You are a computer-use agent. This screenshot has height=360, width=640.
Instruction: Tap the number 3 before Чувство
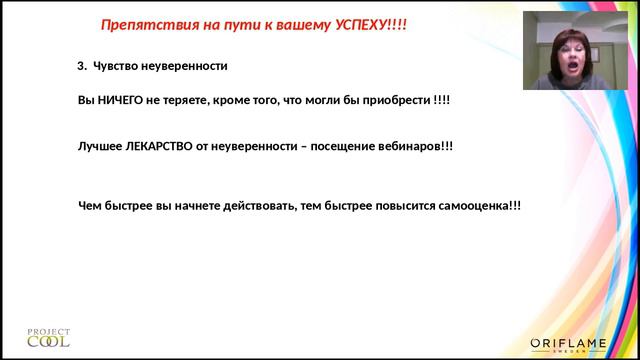pos(81,67)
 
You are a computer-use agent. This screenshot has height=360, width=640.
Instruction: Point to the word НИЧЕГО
pos(118,101)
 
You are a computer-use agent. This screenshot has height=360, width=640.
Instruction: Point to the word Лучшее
pos(96,145)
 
